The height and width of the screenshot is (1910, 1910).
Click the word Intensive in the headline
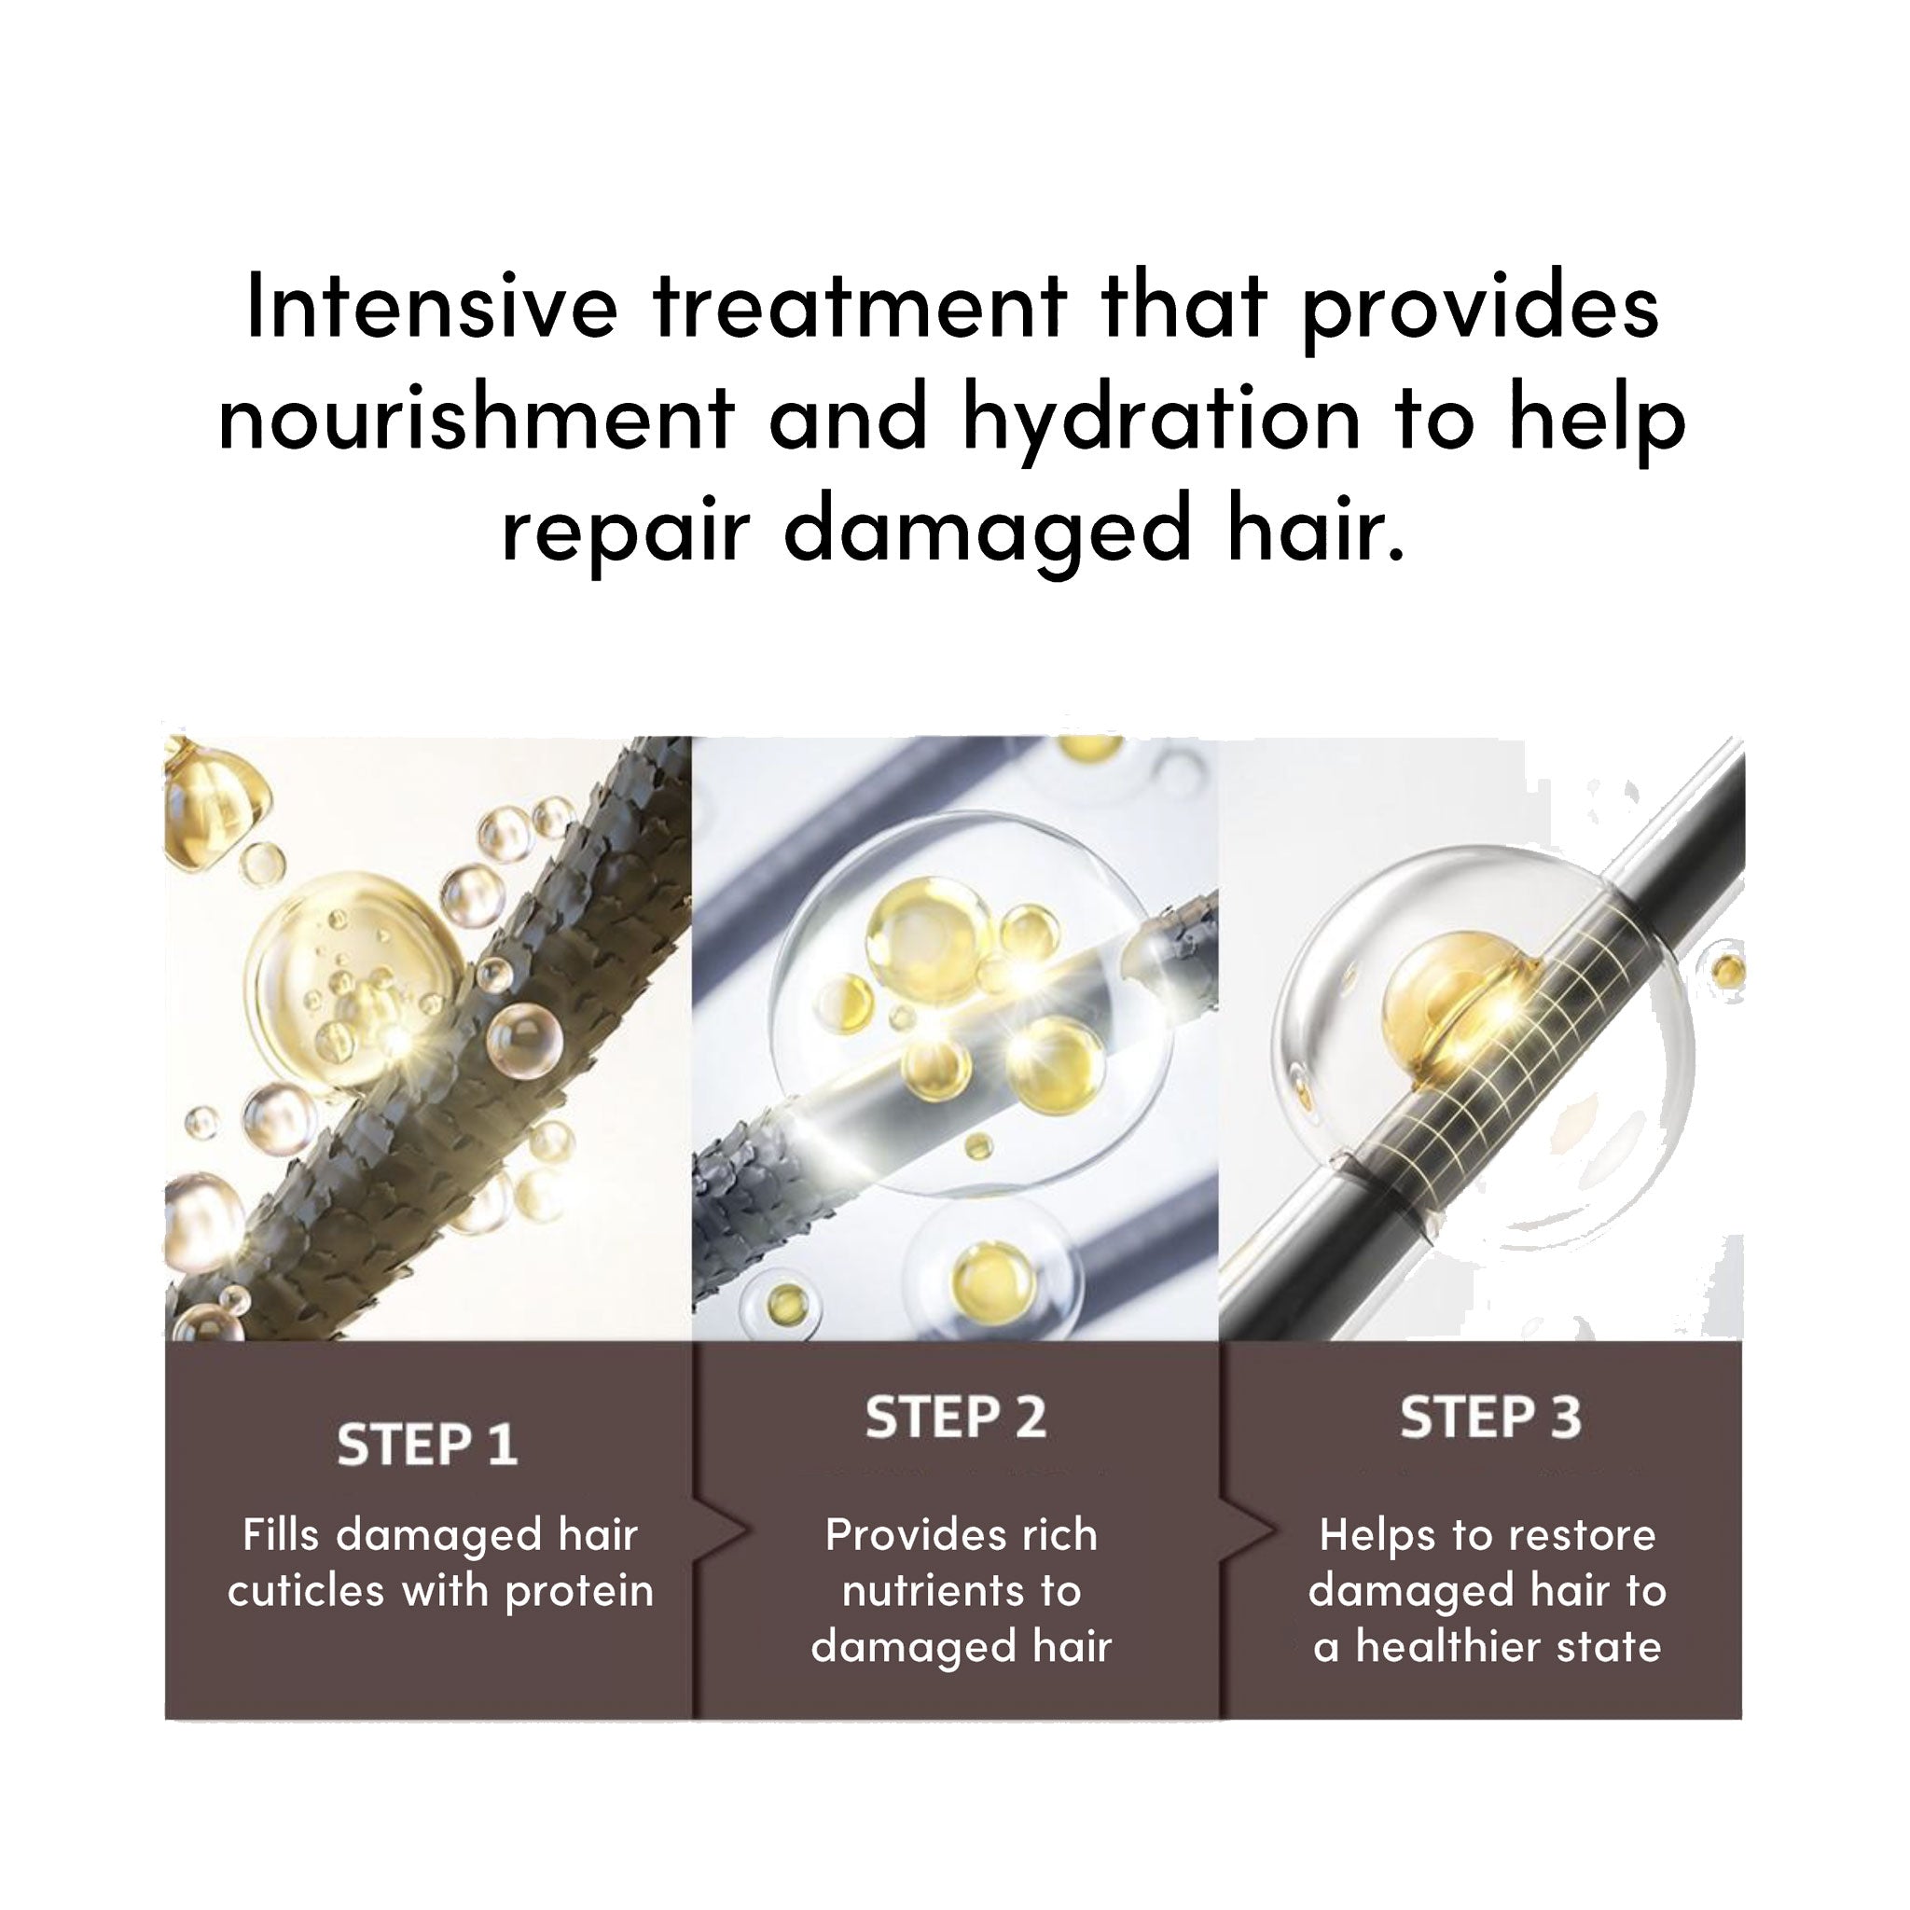tap(431, 306)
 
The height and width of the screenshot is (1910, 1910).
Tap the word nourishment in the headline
tap(477, 418)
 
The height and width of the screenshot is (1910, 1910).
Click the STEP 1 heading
tap(427, 1446)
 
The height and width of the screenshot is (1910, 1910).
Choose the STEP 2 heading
tap(955, 1418)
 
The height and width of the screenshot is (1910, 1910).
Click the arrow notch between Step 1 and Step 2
tap(727, 1531)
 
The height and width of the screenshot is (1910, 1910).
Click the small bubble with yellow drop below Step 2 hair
tap(984, 1275)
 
